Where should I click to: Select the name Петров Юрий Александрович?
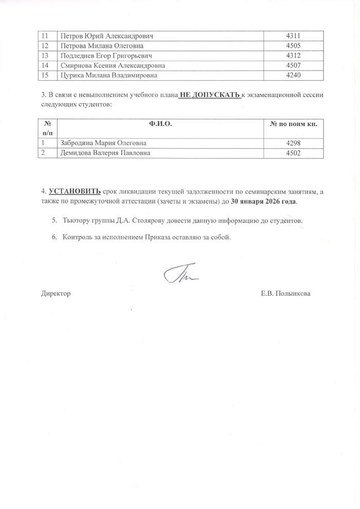[x=107, y=36]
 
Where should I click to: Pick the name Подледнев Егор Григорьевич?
[x=107, y=55]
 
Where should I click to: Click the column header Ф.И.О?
[x=160, y=124]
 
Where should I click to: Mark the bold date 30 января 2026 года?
[x=264, y=201]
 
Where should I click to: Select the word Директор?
[x=55, y=293]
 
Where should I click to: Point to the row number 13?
[x=44, y=55]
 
